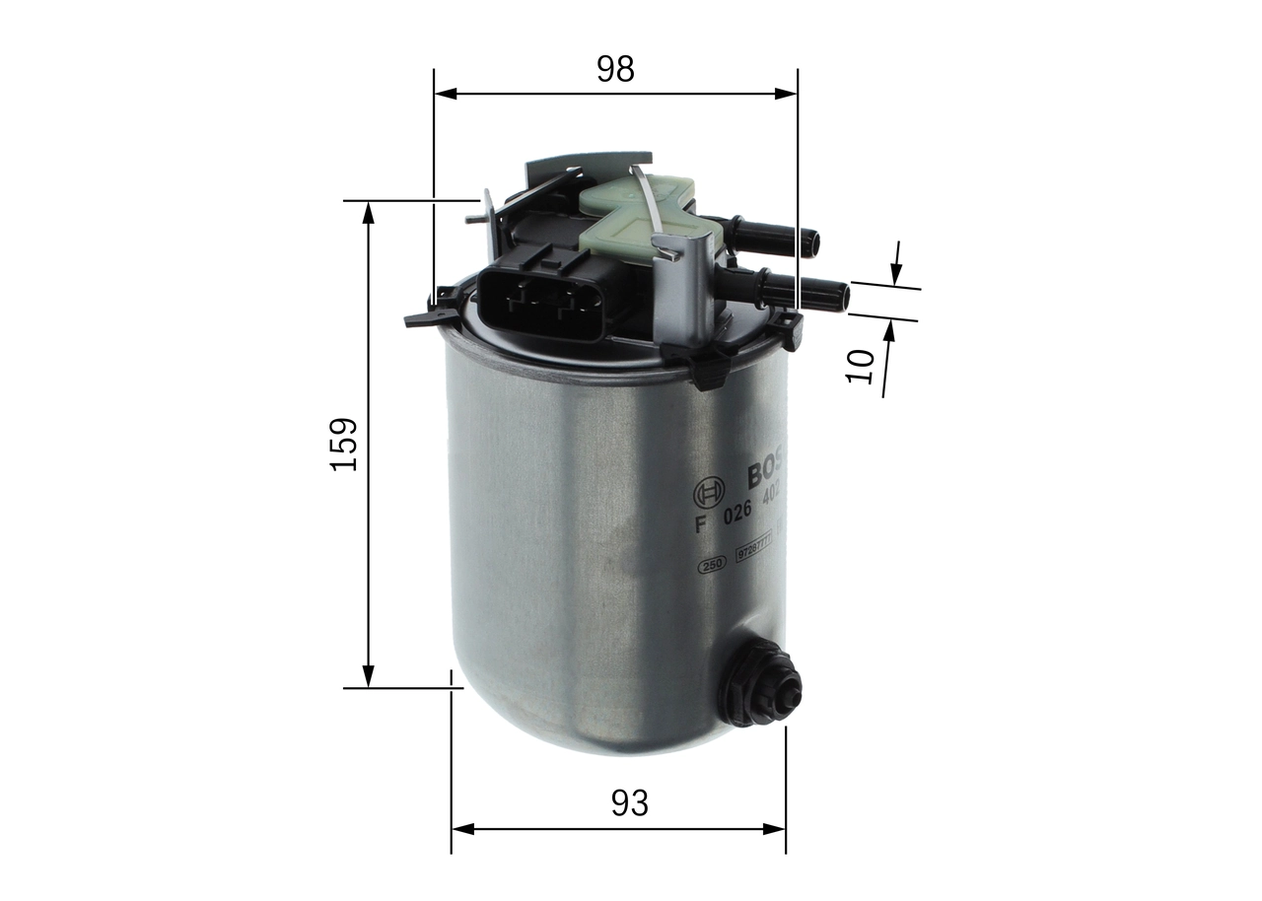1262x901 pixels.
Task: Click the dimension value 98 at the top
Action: pyautogui.click(x=615, y=69)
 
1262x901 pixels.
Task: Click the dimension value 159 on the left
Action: pyautogui.click(x=344, y=444)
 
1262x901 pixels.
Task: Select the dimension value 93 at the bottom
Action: pyautogui.click(x=629, y=803)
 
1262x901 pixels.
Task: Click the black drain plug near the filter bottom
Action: pyautogui.click(x=759, y=683)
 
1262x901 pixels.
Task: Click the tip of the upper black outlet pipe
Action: pyautogui.click(x=810, y=240)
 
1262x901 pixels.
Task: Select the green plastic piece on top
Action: pyautogui.click(x=641, y=212)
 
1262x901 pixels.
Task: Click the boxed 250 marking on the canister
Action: pyautogui.click(x=712, y=565)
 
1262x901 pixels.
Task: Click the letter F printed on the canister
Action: pyautogui.click(x=701, y=523)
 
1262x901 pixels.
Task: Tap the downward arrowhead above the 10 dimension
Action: pyautogui.click(x=896, y=275)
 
